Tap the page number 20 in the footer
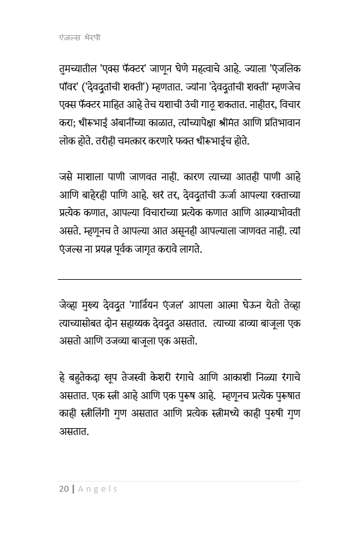[63, 488]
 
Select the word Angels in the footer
[97, 488]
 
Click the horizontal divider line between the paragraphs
[180, 279]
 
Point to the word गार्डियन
[156, 306]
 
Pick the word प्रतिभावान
[275, 123]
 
